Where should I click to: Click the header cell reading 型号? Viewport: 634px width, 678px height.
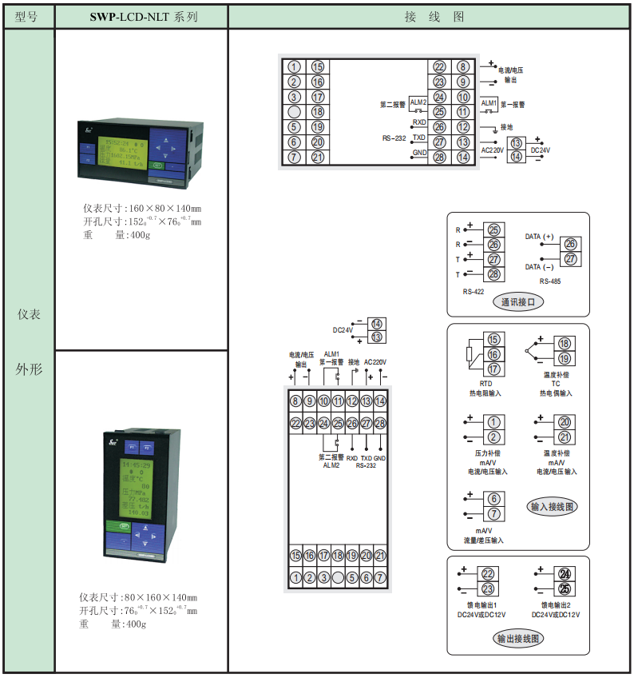pyautogui.click(x=26, y=16)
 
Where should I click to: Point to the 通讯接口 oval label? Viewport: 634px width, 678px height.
pyautogui.click(x=517, y=301)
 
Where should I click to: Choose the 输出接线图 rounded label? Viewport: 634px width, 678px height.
pyautogui.click(x=518, y=638)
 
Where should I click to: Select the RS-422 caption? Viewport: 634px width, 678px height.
pyautogui.click(x=474, y=292)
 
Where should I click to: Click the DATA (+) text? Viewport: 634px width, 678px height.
pyautogui.click(x=539, y=237)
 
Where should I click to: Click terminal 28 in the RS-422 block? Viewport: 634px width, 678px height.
pyautogui.click(x=493, y=274)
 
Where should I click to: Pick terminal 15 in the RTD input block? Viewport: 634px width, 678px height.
pyautogui.click(x=494, y=341)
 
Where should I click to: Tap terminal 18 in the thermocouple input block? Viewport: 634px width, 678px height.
pyautogui.click(x=564, y=344)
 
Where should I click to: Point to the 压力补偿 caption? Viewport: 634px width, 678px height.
pyautogui.click(x=485, y=453)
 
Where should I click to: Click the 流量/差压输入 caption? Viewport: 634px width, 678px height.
pyautogui.click(x=484, y=540)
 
